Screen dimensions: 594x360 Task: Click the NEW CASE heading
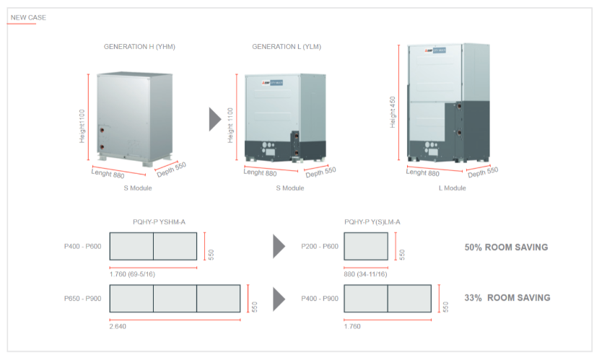pyautogui.click(x=28, y=17)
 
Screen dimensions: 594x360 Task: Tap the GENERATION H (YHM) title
pyautogui.click(x=139, y=47)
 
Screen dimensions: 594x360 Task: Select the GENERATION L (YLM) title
pyautogui.click(x=287, y=47)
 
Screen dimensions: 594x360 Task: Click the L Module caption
pyautogui.click(x=453, y=188)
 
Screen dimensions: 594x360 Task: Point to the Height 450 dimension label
pyautogui.click(x=393, y=112)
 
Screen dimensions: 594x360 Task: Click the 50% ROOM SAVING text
pyautogui.click(x=506, y=247)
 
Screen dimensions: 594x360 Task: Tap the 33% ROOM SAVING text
pyautogui.click(x=507, y=298)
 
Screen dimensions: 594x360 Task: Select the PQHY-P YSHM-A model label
pyautogui.click(x=159, y=221)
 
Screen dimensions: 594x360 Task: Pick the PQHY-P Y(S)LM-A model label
pyautogui.click(x=372, y=221)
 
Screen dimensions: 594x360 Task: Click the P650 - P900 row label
pyautogui.click(x=82, y=299)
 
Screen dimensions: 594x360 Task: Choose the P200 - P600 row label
pyautogui.click(x=320, y=247)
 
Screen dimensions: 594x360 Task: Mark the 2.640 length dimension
pyautogui.click(x=118, y=326)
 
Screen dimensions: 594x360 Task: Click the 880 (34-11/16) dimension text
pyautogui.click(x=366, y=274)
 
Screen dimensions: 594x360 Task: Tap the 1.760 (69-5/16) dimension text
pyautogui.click(x=132, y=274)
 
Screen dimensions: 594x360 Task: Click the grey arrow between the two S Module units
pyautogui.click(x=215, y=119)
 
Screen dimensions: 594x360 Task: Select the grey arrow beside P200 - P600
pyautogui.click(x=279, y=247)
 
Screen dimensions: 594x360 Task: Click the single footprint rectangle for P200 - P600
pyautogui.click(x=366, y=247)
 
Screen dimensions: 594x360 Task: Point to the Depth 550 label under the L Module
pyautogui.click(x=483, y=172)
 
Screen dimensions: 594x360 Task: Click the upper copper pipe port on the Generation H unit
pyautogui.click(x=102, y=131)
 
